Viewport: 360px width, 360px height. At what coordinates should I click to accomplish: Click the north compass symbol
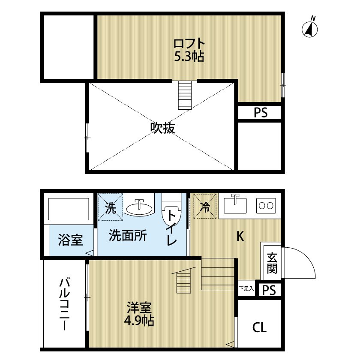(x=310, y=28)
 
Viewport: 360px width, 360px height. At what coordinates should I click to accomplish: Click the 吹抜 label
(x=162, y=128)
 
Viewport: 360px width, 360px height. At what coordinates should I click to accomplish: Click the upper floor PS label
(x=260, y=113)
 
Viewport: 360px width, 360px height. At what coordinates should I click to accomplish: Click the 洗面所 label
(x=127, y=235)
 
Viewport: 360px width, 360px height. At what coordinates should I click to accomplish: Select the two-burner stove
(x=266, y=206)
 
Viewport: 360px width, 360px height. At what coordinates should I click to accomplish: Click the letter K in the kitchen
(x=240, y=236)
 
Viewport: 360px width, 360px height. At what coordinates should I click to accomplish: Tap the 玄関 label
(x=272, y=262)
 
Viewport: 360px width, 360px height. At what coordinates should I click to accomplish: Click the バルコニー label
(x=65, y=304)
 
